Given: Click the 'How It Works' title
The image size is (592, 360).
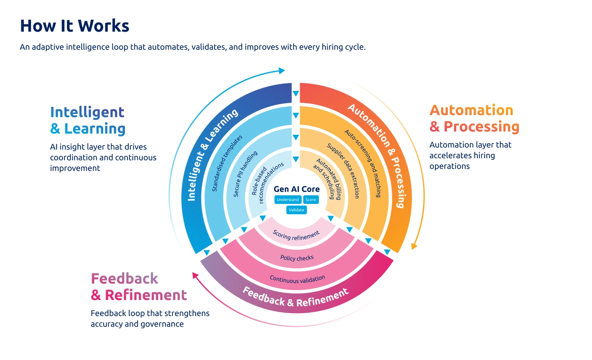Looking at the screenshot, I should click(74, 26).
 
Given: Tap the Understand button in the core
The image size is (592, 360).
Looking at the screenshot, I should click(288, 200).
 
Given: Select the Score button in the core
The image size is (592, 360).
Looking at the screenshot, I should click(311, 200).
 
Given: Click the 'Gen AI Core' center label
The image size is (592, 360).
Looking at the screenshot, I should click(296, 189).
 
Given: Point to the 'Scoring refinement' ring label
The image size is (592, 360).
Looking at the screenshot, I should click(296, 236).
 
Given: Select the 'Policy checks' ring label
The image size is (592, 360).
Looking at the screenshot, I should click(297, 258).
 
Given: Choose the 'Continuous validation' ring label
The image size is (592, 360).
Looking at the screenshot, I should click(297, 279).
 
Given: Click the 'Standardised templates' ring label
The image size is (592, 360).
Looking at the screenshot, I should click(227, 163).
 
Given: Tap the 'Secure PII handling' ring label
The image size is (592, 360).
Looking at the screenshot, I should click(245, 174).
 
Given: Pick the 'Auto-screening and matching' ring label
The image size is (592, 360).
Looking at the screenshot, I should click(363, 163).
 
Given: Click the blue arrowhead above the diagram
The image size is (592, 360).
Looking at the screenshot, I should click(282, 71).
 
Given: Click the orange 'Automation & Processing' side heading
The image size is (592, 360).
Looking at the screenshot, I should click(474, 118).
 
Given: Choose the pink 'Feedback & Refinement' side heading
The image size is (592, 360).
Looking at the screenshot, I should click(139, 287).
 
